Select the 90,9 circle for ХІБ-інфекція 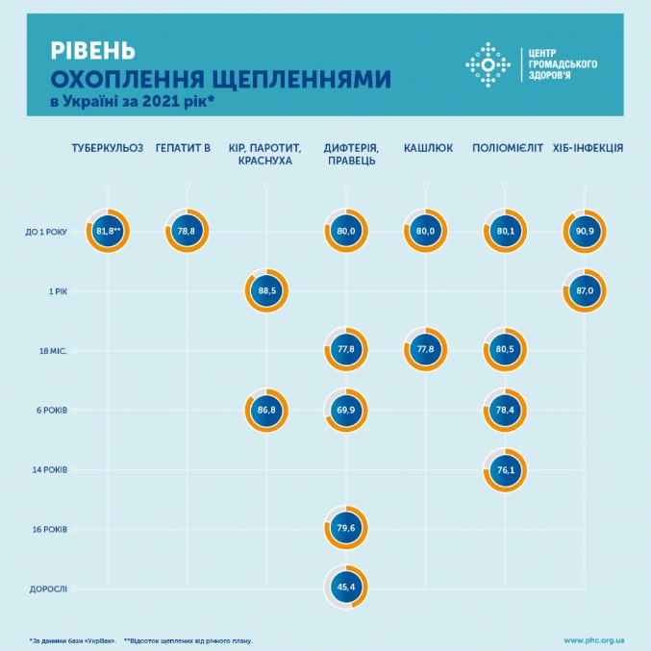point(584,231)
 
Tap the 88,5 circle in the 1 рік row point(266,290)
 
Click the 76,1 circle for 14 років point(504,470)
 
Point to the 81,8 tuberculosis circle point(109,231)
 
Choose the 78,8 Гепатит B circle point(188,231)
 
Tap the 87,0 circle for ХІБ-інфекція point(584,290)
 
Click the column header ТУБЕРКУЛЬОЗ point(108,148)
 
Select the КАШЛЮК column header point(424,148)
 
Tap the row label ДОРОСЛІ point(46,588)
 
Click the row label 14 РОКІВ point(47,470)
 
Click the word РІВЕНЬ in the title point(92,47)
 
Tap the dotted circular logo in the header point(487,64)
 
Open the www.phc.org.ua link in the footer point(594,638)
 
